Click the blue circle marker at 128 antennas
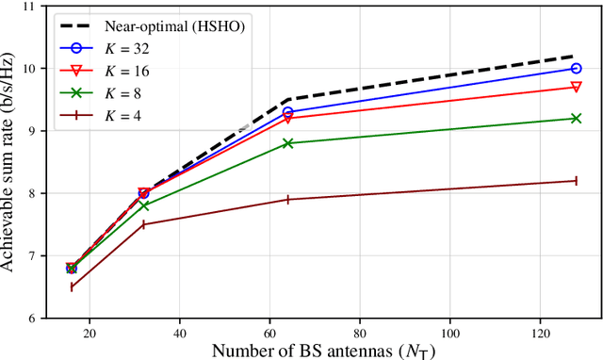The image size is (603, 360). coord(576,68)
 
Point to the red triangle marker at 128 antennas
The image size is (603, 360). coord(576,87)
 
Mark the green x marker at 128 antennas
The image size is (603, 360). coord(576,118)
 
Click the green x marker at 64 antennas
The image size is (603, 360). coord(288,143)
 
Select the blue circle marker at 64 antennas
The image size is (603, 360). coord(288,112)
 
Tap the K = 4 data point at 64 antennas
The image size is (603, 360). coord(288,199)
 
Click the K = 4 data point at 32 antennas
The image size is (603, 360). coord(144,224)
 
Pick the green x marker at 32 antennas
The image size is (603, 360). coord(144,205)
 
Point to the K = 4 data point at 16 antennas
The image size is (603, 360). coord(72,286)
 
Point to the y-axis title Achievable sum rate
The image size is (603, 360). coord(9,162)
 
